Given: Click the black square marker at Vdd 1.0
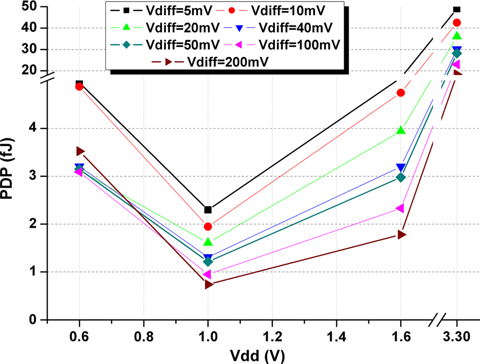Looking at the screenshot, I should pyautogui.click(x=208, y=210).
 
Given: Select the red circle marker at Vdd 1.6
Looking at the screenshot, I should pyautogui.click(x=401, y=93).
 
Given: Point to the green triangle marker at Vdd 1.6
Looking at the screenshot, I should pyautogui.click(x=401, y=130).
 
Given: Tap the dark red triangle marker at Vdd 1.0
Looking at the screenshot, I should pyautogui.click(x=209, y=284).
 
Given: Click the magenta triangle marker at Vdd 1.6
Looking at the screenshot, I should pyautogui.click(x=400, y=208).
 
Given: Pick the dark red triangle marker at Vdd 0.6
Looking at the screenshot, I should pyautogui.click(x=80, y=151).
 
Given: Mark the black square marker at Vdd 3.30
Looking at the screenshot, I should pyautogui.click(x=457, y=9).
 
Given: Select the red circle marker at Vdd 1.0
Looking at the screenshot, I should pyautogui.click(x=208, y=226).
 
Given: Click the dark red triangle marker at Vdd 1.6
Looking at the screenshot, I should pyautogui.click(x=402, y=234).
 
